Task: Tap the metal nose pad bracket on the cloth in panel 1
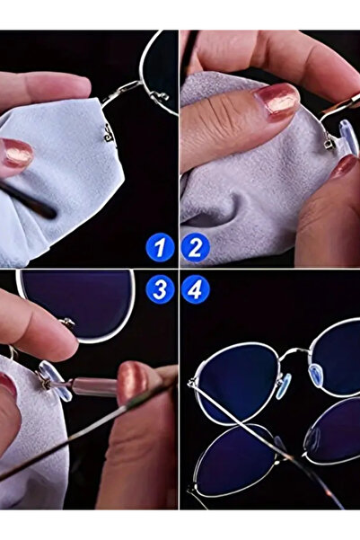click(x=109, y=133)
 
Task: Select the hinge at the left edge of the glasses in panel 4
click(x=192, y=384)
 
